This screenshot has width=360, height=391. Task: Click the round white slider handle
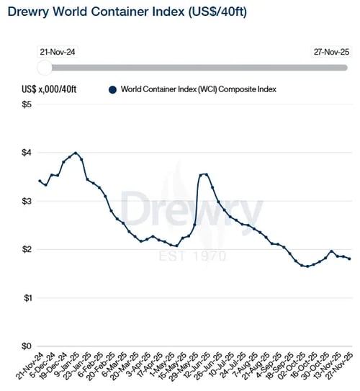click(x=45, y=67)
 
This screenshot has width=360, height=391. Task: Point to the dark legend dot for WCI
click(x=112, y=89)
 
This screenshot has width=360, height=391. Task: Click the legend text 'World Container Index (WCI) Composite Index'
click(x=199, y=89)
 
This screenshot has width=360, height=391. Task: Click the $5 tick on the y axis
click(x=26, y=104)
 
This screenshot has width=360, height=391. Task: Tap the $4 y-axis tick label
click(x=26, y=153)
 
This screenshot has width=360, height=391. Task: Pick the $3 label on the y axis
click(x=26, y=201)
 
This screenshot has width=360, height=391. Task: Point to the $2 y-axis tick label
click(x=26, y=249)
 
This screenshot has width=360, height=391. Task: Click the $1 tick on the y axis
click(x=26, y=297)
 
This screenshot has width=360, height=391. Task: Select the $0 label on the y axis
click(x=26, y=346)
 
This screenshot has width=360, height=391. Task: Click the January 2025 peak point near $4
click(x=76, y=153)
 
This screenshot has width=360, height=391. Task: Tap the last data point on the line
click(x=350, y=259)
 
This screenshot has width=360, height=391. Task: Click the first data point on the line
click(x=40, y=181)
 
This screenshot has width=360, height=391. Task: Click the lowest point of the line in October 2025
click(x=307, y=266)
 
